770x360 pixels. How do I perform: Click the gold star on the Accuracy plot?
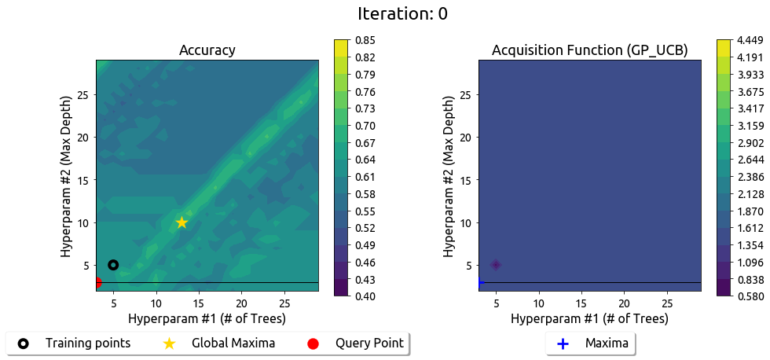tap(181, 222)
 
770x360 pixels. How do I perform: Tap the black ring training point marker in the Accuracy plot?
tap(113, 265)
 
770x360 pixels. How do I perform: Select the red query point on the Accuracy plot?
tap(97, 282)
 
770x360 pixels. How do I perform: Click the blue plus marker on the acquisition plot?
tap(479, 282)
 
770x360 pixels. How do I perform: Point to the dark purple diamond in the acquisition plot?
tap(496, 265)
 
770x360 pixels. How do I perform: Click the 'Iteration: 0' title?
tap(402, 13)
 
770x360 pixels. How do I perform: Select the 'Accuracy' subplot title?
tap(207, 50)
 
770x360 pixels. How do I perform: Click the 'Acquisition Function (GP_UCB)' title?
tap(589, 50)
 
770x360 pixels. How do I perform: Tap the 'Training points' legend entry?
tap(87, 343)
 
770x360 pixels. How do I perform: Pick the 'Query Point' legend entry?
tap(369, 343)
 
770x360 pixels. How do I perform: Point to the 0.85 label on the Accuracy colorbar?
tap(365, 40)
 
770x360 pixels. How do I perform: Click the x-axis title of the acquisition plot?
tap(589, 318)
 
